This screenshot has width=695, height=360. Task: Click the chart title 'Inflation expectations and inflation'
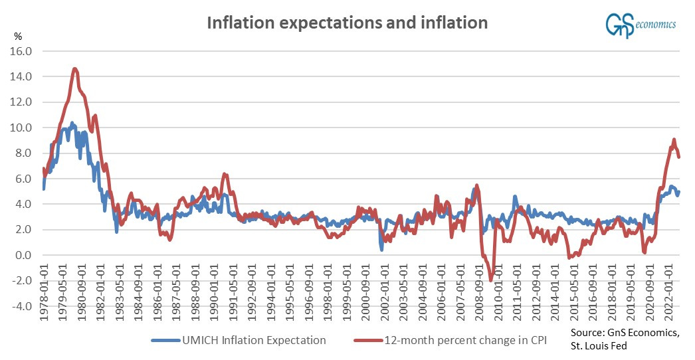pyautogui.click(x=347, y=23)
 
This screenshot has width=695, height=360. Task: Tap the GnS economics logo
pyautogui.click(x=639, y=25)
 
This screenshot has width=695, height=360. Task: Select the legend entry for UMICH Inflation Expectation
pyautogui.click(x=239, y=340)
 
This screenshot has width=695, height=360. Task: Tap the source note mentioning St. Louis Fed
pyautogui.click(x=625, y=339)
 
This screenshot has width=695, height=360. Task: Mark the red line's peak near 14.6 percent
pyautogui.click(x=75, y=68)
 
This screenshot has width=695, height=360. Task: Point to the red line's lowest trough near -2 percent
pyautogui.click(x=491, y=280)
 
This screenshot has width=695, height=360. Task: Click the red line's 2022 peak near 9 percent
pyautogui.click(x=674, y=139)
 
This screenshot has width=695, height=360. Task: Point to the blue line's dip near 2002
pyautogui.click(x=381, y=248)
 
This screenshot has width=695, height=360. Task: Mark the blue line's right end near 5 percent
pyautogui.click(x=679, y=191)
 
